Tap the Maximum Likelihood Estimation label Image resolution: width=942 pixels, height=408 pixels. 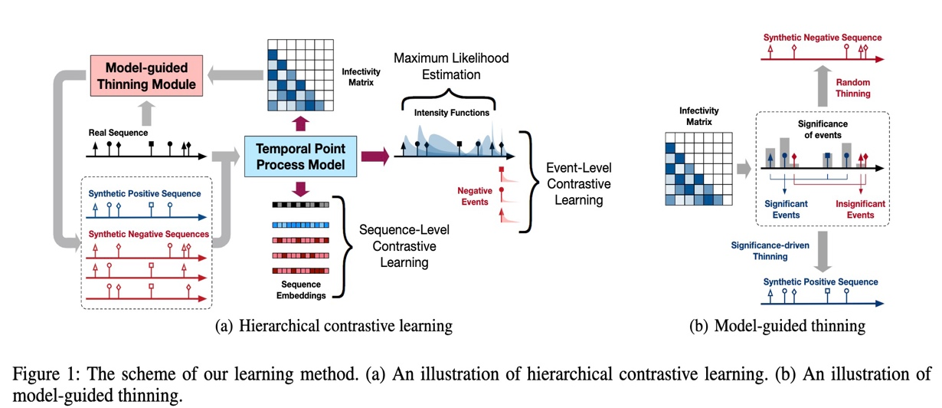pyautogui.click(x=450, y=67)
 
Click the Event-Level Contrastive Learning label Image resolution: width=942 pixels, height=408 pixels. pyautogui.click(x=576, y=184)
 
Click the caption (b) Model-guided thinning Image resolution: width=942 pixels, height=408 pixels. pyautogui.click(x=778, y=326)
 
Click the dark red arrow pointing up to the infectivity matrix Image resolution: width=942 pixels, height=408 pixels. pyautogui.click(x=299, y=122)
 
